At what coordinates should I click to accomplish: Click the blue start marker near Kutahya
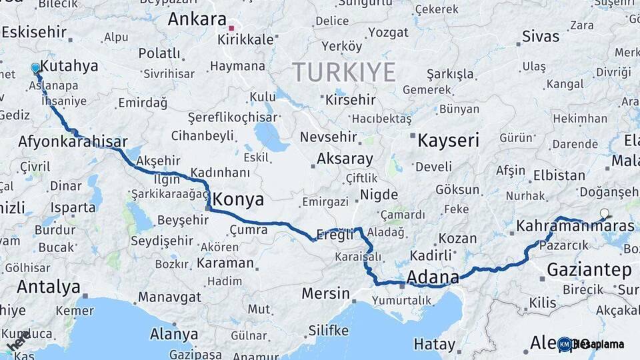tap(35, 67)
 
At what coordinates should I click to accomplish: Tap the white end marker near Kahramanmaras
tap(604, 213)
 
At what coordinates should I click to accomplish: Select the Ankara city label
tap(197, 19)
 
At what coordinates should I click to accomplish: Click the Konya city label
tap(238, 199)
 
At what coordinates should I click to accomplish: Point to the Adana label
tap(433, 277)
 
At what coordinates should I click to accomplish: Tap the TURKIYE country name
tap(343, 71)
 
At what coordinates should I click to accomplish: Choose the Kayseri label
tap(448, 141)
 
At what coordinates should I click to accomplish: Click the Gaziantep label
tap(589, 270)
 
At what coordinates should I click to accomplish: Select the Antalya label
tap(49, 287)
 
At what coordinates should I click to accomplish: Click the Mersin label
tap(325, 293)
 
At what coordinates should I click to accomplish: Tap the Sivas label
tap(541, 36)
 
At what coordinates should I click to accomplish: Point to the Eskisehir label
tap(34, 31)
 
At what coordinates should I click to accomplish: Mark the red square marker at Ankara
tap(231, 28)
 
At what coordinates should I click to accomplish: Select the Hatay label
tap(434, 344)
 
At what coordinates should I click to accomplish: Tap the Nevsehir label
tap(330, 137)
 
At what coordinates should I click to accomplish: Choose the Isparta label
tap(73, 207)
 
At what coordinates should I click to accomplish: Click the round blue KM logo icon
tap(564, 344)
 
